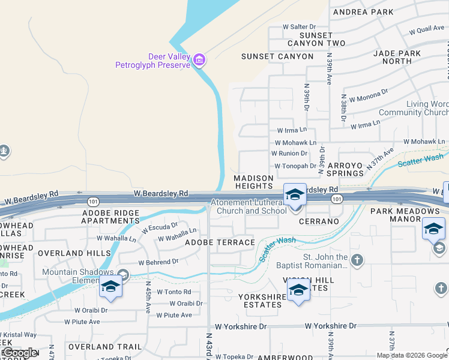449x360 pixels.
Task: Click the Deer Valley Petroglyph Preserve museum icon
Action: [199, 60]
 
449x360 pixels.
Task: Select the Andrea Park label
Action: [363, 12]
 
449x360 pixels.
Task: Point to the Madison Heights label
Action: [253, 182]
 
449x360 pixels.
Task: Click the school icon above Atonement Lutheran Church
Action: [295, 194]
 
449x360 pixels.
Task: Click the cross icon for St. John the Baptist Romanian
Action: [357, 260]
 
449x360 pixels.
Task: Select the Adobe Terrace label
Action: [220, 242]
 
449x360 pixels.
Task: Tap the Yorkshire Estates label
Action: [260, 301]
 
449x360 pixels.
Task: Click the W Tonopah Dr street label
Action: [295, 166]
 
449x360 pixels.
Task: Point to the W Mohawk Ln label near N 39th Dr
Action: [295, 143]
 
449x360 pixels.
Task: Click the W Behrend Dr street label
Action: [158, 262]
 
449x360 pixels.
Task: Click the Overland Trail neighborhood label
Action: [104, 347]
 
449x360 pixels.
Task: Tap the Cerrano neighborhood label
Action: [318, 221]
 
